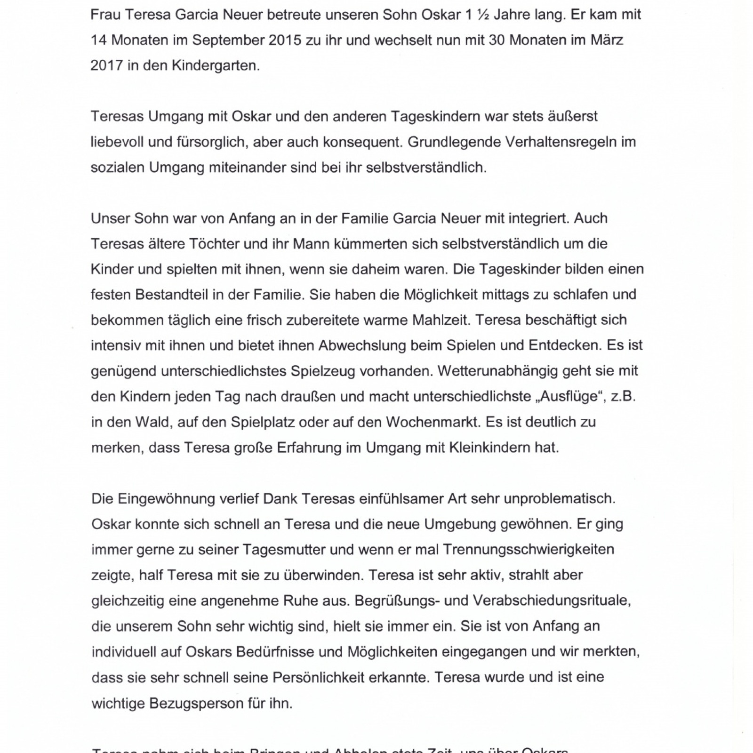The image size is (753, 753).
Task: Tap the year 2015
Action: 285,40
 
